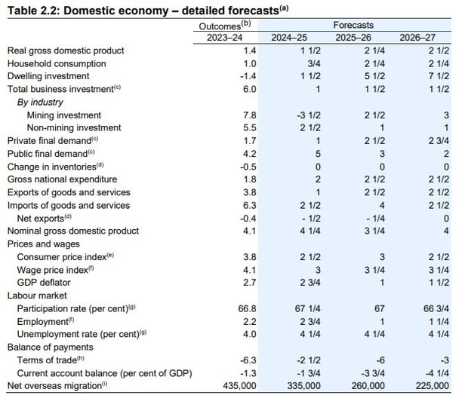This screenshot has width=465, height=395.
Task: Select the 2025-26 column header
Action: click(x=354, y=36)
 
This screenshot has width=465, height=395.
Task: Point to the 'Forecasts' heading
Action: click(x=353, y=25)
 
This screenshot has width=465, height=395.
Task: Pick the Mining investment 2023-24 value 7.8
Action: click(x=229, y=115)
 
